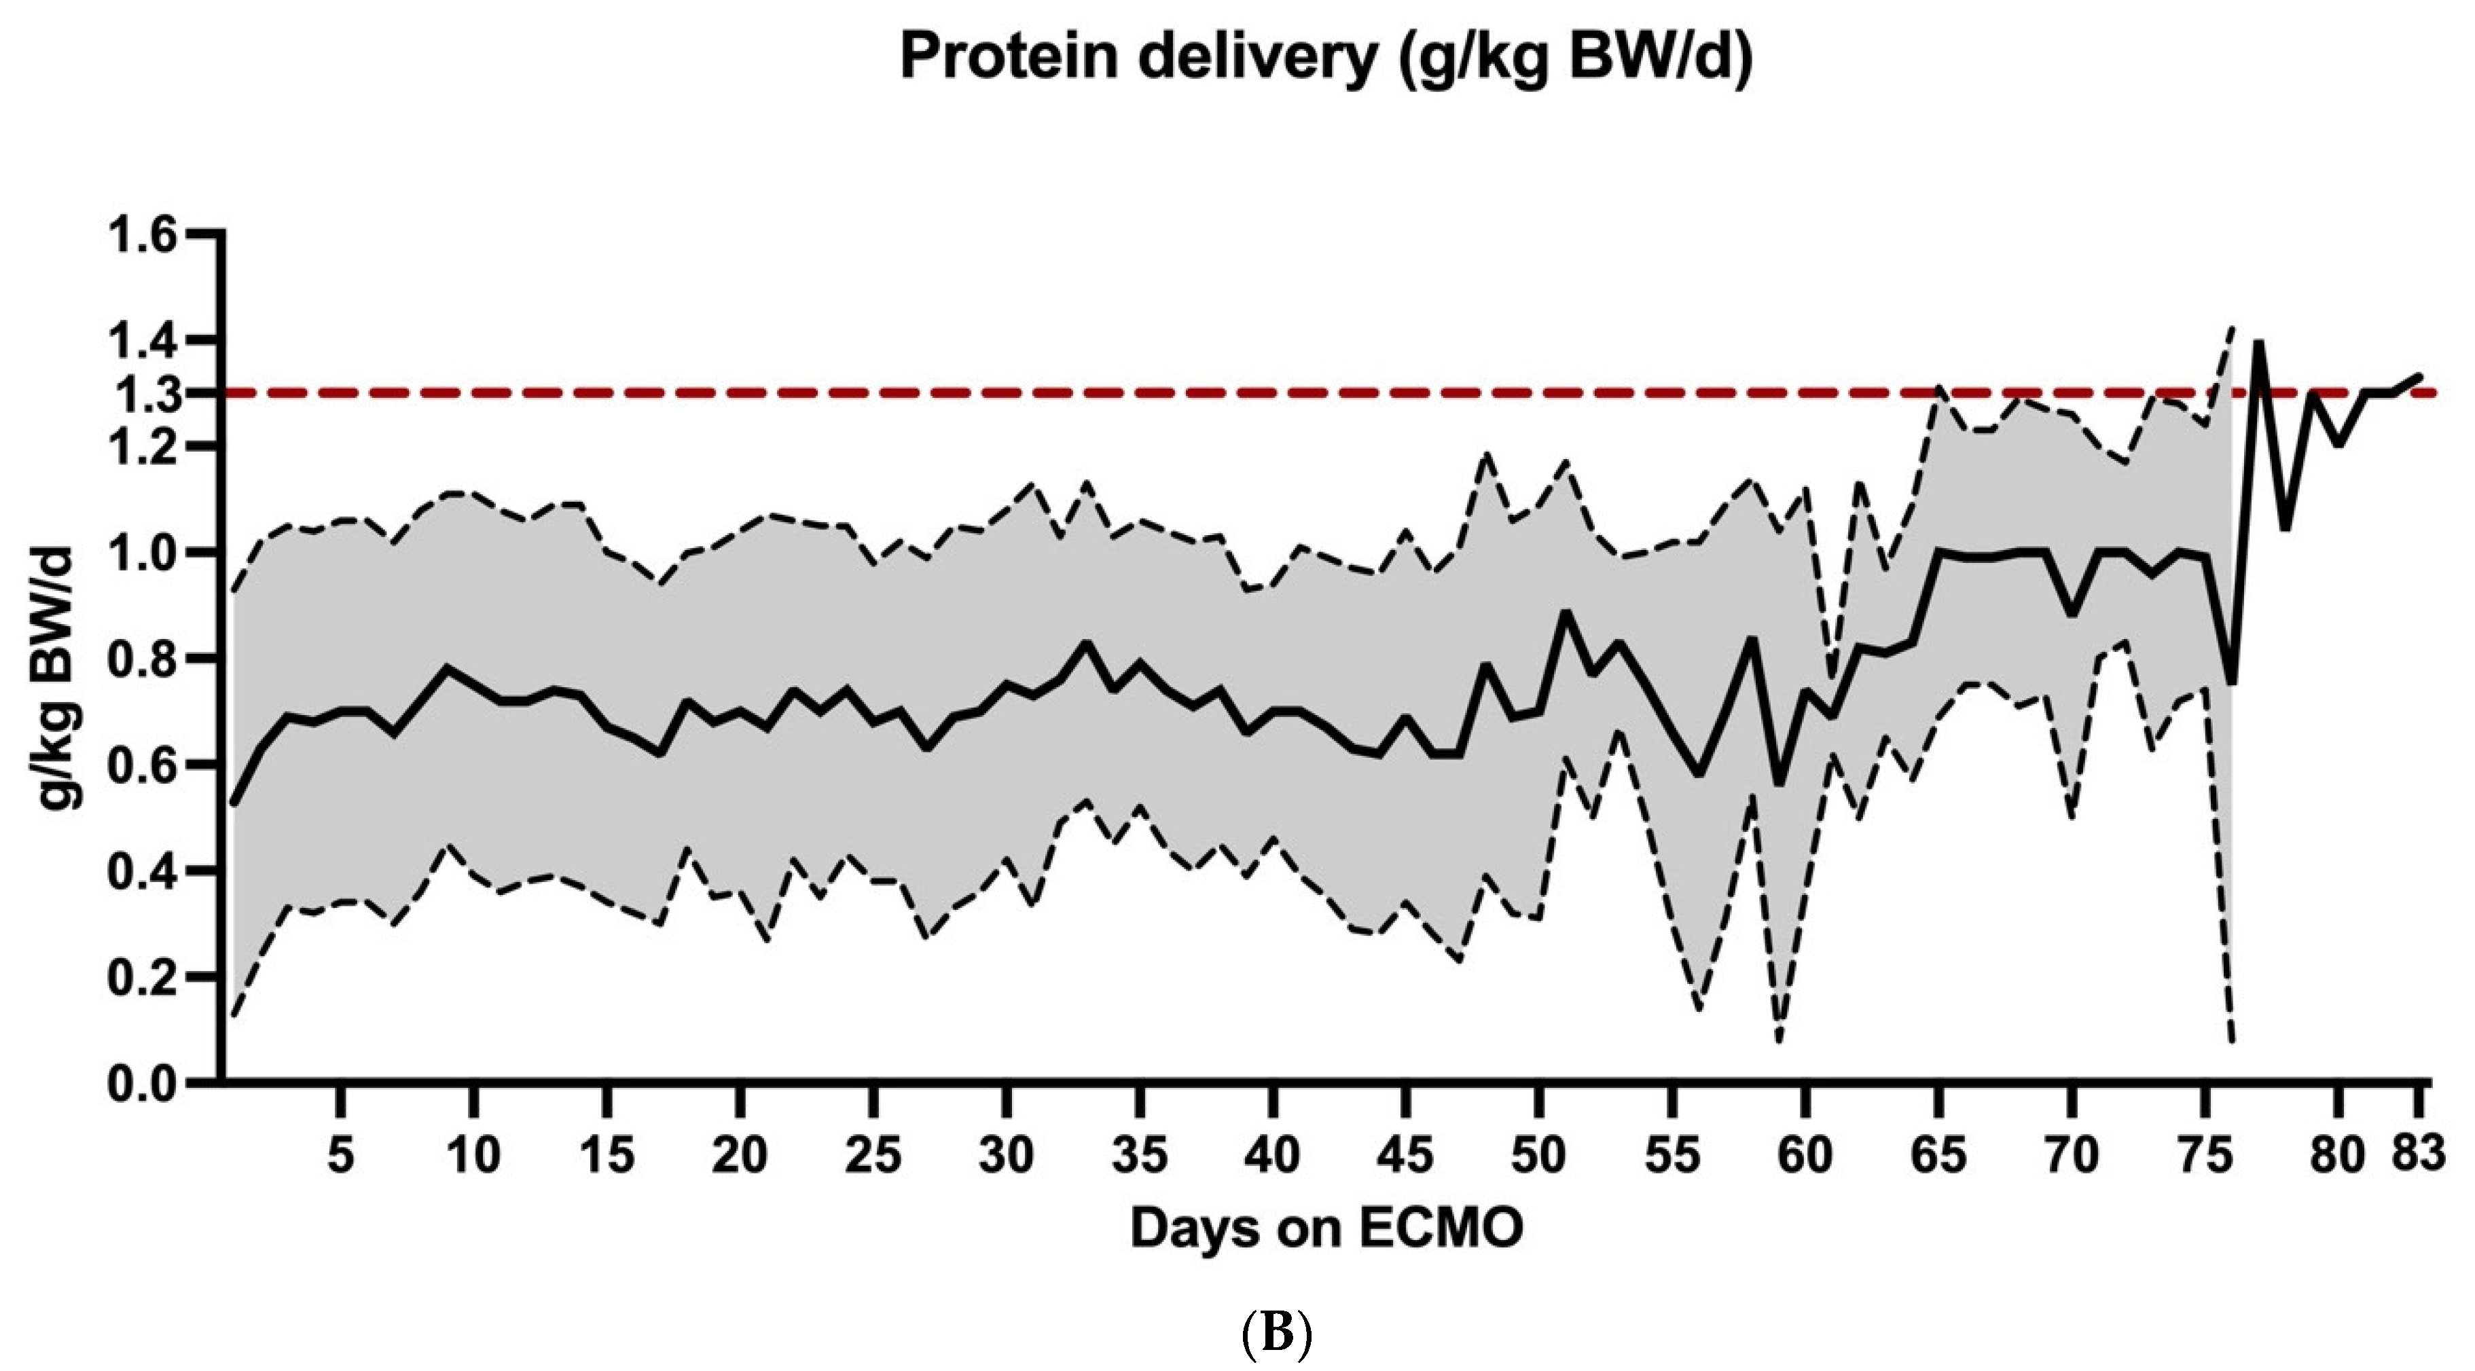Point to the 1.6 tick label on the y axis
144,236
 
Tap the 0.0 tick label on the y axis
144,1084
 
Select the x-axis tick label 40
1272,1155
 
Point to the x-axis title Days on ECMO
1326,1229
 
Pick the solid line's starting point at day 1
234,803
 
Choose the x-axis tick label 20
740,1155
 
